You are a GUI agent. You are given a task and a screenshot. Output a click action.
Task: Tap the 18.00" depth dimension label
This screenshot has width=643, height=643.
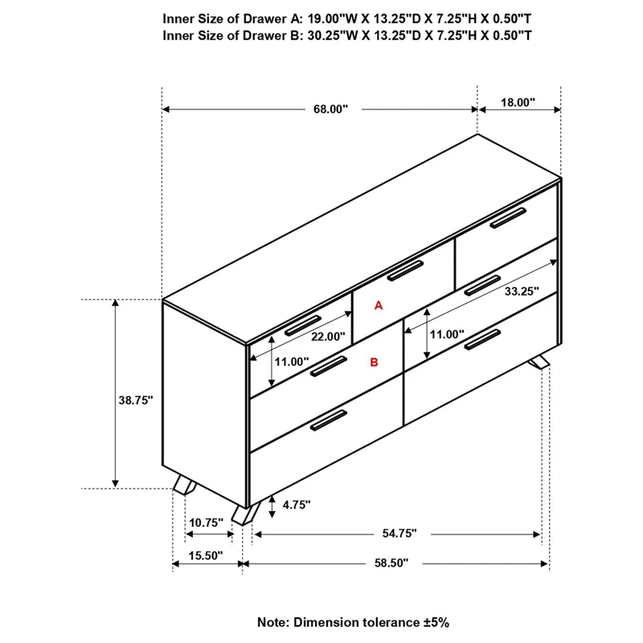[518, 103]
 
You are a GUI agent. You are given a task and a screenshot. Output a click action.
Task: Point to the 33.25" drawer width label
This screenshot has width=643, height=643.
[521, 293]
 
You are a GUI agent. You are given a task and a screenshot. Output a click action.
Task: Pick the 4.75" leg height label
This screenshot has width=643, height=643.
[296, 505]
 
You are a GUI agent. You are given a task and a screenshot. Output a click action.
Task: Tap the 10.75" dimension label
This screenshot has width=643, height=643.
[205, 522]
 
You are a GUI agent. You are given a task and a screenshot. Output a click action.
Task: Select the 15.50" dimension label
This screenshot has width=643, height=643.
[206, 555]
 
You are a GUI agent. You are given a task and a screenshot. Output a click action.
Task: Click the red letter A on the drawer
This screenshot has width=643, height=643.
[380, 305]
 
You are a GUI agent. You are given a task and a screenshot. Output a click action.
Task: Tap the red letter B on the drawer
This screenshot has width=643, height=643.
[374, 362]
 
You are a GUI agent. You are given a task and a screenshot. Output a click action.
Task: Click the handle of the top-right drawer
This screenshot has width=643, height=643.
[508, 216]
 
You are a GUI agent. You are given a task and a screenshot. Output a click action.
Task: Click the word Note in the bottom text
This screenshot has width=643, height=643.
[273, 622]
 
